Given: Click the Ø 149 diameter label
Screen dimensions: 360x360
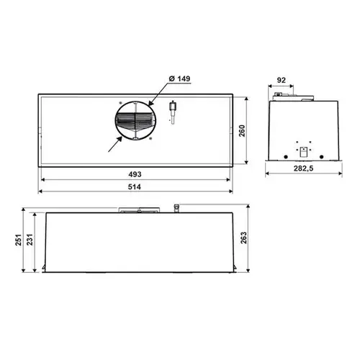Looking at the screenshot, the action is point(179,78).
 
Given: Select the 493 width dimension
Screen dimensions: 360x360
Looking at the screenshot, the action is point(135,174).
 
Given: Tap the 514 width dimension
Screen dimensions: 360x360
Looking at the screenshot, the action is point(134,186).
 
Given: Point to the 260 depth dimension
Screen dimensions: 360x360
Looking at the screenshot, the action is point(242,131).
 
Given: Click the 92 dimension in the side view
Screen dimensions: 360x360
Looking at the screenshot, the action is point(282,80).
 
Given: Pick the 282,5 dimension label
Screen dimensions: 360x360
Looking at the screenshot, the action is point(304,168).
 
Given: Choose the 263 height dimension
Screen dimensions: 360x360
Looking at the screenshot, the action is point(243,238).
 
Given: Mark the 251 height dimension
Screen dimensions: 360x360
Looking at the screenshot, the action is point(19,240).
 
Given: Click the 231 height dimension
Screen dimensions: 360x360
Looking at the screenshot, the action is point(30,240).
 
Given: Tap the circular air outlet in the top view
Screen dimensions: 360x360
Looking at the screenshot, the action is point(135,121).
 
